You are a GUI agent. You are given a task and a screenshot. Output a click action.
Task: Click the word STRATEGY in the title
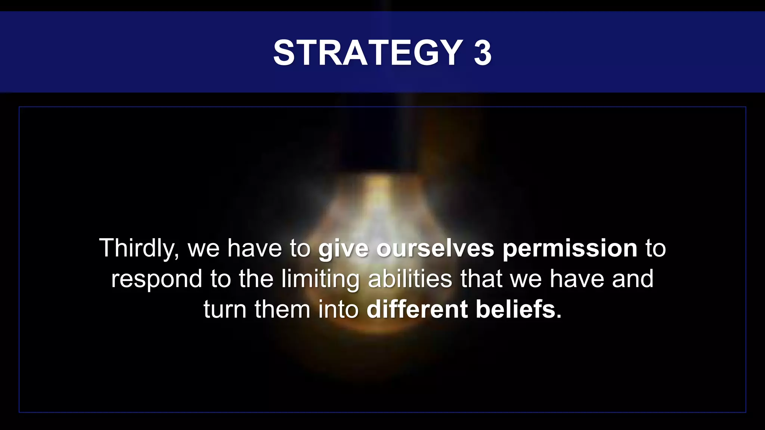(x=368, y=53)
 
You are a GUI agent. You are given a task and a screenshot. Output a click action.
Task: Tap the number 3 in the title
(x=483, y=53)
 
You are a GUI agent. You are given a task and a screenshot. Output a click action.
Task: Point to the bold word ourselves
(x=435, y=248)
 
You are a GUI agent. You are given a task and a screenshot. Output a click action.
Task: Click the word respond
(x=157, y=280)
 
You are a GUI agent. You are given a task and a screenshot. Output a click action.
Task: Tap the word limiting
(x=320, y=280)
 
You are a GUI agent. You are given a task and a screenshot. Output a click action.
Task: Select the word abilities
(x=410, y=279)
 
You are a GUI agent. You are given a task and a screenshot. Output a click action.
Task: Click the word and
(x=633, y=279)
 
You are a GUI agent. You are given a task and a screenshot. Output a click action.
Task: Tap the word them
(x=282, y=309)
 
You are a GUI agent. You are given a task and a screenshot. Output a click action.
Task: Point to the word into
(x=338, y=309)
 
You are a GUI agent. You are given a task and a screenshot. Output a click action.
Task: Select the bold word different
(x=417, y=309)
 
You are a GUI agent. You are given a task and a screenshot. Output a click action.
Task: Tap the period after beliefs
(x=559, y=317)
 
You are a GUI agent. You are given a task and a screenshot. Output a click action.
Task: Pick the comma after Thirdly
(x=176, y=256)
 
